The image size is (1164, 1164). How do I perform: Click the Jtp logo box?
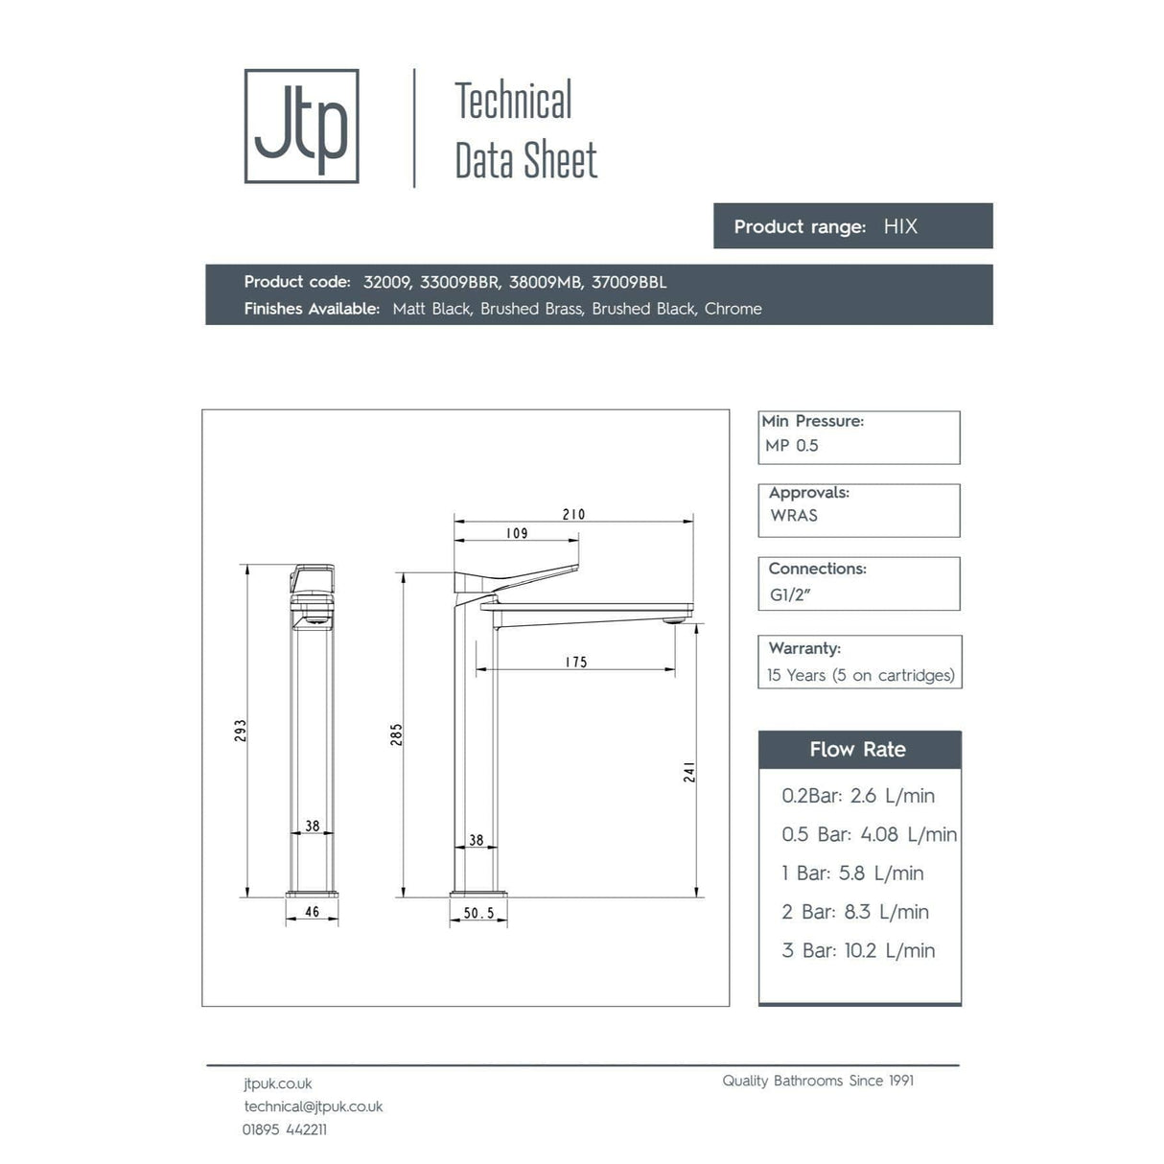point(301,126)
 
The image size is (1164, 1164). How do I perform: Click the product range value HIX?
point(900,227)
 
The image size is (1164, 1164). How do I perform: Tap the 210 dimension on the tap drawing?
point(573,515)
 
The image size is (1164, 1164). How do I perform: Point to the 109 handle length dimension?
point(517,533)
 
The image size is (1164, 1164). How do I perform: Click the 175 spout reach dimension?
point(576,663)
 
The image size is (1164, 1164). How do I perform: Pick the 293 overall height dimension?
point(241,731)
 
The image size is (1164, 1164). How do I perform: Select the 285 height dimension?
point(397,734)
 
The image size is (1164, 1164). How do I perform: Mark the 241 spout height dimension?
point(689,772)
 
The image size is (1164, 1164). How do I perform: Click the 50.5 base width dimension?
point(478,913)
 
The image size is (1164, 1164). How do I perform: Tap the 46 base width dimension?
point(312,912)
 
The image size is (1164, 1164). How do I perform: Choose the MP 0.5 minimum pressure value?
point(792,446)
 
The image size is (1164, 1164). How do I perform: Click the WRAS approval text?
point(794,516)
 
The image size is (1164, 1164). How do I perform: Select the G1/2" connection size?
point(790,595)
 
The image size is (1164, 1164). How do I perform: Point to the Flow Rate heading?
point(857,750)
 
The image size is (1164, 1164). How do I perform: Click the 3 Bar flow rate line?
point(858,951)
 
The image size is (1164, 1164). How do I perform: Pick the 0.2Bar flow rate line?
point(858,796)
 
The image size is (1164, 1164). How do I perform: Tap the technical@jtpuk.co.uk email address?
point(314,1106)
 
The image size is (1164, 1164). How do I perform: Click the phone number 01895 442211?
point(285,1129)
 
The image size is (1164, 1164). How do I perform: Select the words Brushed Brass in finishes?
point(531,309)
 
